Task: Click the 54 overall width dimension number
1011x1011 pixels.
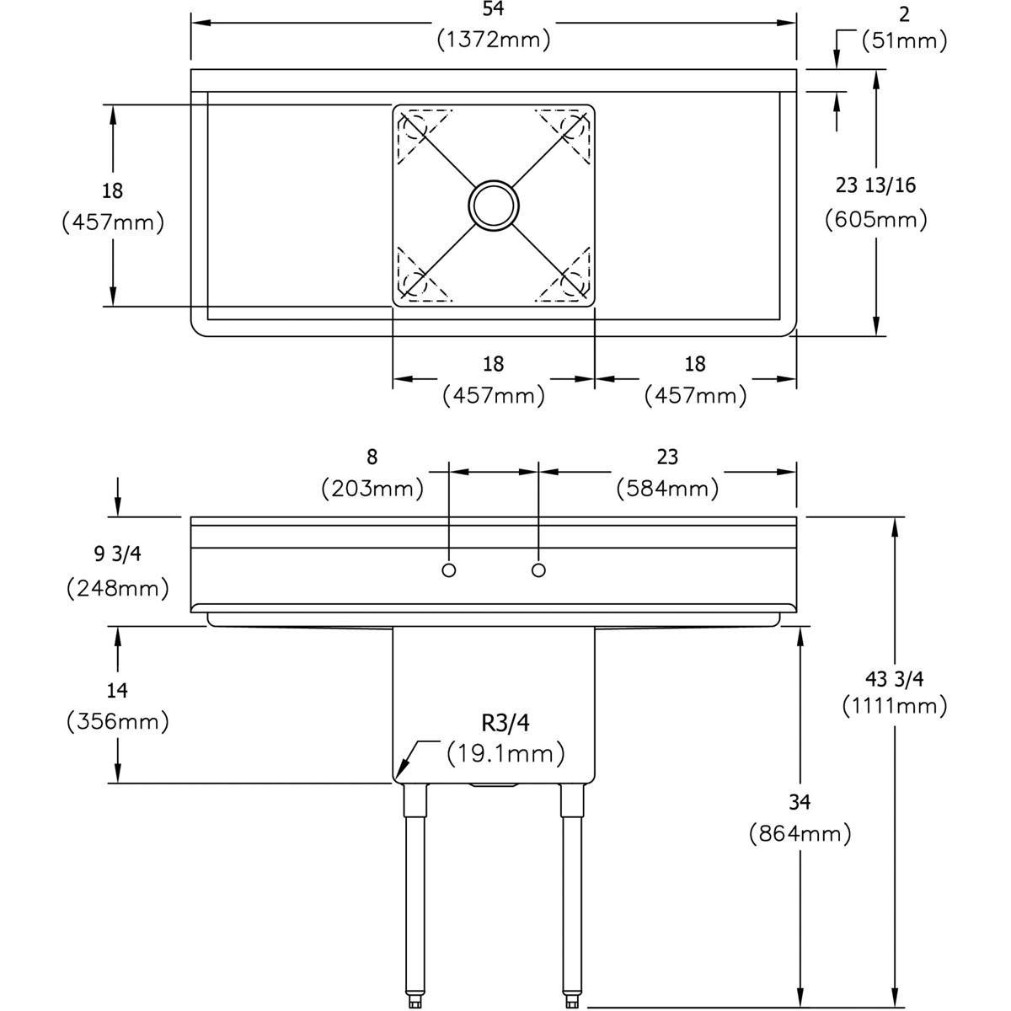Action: (x=494, y=9)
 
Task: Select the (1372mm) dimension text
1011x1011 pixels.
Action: (x=494, y=39)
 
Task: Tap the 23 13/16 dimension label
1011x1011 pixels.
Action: (x=876, y=185)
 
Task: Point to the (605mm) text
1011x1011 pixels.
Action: (x=876, y=220)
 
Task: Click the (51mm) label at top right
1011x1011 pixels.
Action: (x=904, y=40)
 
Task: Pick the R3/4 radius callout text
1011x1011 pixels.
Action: (x=505, y=723)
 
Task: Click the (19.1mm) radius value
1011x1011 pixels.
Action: (x=505, y=752)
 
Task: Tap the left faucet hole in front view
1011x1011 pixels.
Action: (x=449, y=570)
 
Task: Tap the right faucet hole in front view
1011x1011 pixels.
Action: (x=539, y=570)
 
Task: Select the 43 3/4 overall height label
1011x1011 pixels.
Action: (x=895, y=677)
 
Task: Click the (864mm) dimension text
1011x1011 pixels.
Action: (x=800, y=834)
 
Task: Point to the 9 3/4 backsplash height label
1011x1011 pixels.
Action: (x=117, y=555)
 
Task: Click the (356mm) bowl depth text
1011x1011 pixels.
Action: (x=117, y=722)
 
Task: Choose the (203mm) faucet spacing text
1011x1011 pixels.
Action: (x=372, y=488)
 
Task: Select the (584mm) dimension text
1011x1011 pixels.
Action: (x=667, y=488)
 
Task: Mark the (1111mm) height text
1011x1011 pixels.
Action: (x=895, y=706)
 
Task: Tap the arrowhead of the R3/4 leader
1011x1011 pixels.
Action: (x=400, y=771)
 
